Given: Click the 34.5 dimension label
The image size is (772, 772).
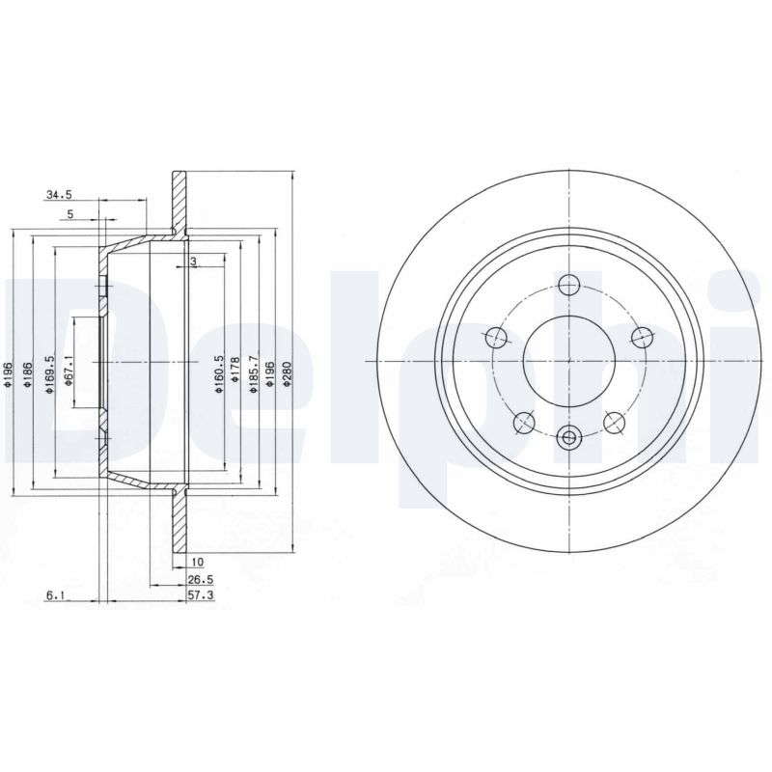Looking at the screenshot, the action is click(x=59, y=195).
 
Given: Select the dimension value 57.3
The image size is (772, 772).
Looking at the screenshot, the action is click(x=201, y=595).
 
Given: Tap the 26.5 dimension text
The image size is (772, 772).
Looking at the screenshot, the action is click(x=201, y=580).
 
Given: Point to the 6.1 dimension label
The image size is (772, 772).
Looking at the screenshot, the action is click(x=56, y=595).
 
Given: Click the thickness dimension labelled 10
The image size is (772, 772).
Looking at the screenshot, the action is click(x=198, y=562).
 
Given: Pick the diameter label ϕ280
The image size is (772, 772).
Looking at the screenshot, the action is click(x=288, y=376).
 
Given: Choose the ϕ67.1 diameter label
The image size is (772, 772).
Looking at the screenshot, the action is click(x=69, y=370).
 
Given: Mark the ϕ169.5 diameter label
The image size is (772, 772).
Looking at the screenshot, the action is click(x=49, y=374).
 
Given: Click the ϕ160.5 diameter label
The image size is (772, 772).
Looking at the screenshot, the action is click(x=220, y=374).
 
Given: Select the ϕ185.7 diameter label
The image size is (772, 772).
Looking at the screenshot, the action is click(x=254, y=374).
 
